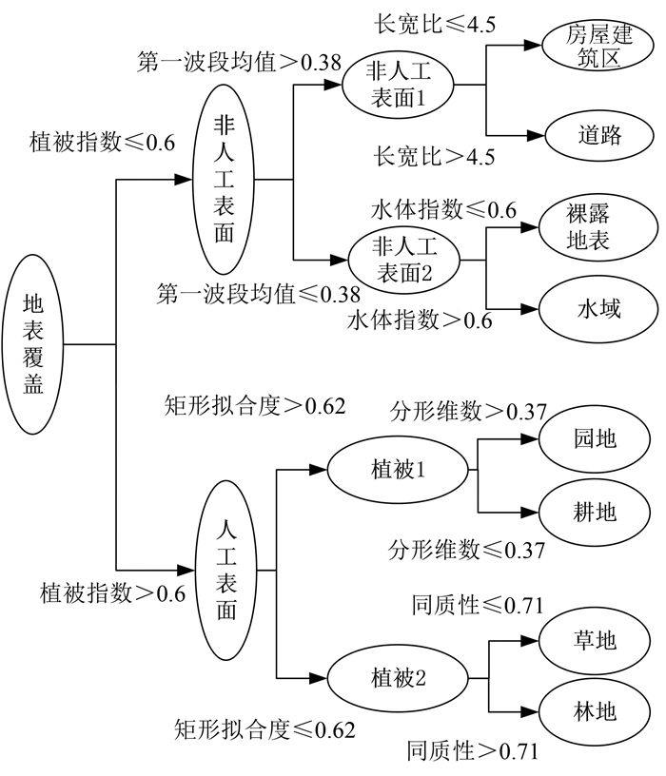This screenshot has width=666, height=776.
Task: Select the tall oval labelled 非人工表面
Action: pos(224,179)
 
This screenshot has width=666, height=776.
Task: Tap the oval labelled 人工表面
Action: pos(225,570)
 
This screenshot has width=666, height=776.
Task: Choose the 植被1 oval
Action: pos(398,471)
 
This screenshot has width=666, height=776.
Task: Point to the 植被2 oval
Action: pos(399,679)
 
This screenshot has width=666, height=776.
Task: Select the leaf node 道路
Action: pos(598,134)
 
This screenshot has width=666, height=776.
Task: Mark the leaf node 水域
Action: pos(597,308)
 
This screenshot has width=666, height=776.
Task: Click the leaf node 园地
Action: pos(595,438)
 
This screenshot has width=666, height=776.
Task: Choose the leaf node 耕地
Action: pos(595,513)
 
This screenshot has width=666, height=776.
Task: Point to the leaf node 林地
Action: pos(596,711)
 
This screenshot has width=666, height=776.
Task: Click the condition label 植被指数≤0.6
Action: pos(104,143)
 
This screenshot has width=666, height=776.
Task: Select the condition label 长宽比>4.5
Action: pos(435,156)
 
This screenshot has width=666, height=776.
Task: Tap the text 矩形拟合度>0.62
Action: pos(255,405)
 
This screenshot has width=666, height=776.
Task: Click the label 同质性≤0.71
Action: pos(477,604)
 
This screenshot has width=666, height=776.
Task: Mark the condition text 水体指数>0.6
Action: pos(420,320)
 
